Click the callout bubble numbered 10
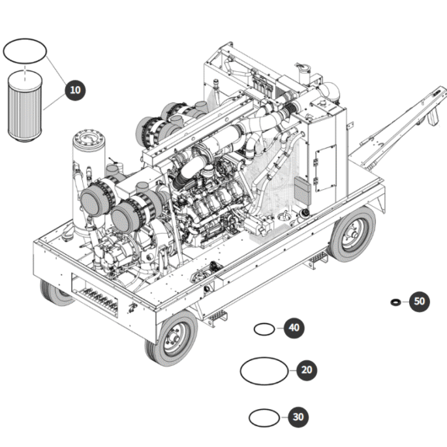75,90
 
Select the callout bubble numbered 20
307,370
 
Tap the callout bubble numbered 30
298,417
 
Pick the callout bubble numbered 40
294,328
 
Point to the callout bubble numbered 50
419,301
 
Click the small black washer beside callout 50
396,301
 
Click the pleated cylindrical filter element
25,107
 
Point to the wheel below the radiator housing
352,233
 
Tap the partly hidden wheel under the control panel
55,293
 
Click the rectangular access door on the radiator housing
326,168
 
